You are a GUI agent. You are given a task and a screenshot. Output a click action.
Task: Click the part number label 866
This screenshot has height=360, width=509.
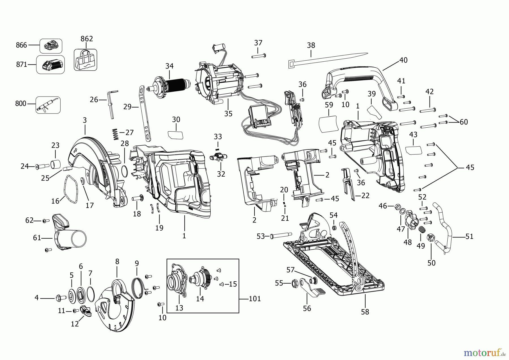tap(21, 45)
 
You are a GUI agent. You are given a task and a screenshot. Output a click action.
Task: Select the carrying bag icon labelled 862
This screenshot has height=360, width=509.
tap(85, 60)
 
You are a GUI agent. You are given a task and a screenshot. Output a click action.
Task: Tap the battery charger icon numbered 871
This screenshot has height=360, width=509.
tap(51, 65)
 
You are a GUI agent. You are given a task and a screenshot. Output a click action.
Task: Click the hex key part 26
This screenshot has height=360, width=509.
tap(111, 103)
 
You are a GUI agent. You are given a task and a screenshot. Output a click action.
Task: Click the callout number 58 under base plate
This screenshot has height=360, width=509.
tap(365, 312)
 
